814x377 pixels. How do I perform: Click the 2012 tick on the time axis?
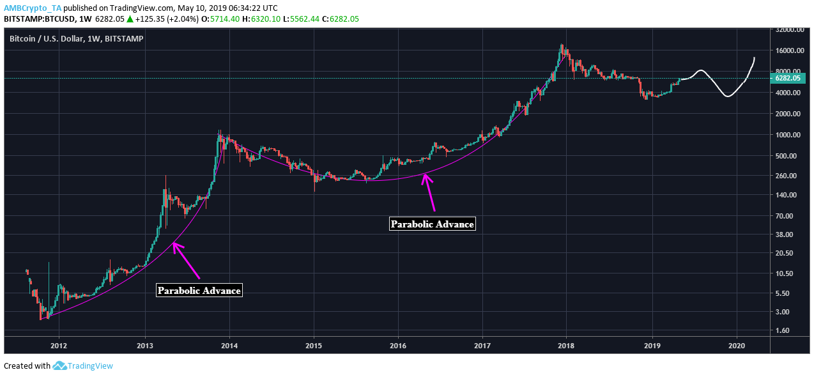(59, 345)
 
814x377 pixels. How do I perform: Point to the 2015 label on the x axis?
(314, 345)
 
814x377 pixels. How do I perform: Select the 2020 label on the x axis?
(737, 345)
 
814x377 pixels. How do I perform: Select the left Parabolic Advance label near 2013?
(199, 290)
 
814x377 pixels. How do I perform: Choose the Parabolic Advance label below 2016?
(433, 224)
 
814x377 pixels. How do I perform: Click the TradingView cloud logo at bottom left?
(60, 365)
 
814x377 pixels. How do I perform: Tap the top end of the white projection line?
(755, 58)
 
